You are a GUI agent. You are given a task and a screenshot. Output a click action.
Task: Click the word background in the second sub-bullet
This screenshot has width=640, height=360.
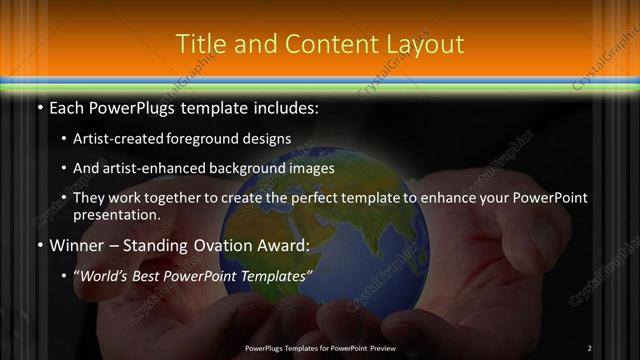click(262, 168)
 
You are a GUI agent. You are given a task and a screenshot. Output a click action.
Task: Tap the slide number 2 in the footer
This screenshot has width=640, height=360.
click(589, 347)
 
